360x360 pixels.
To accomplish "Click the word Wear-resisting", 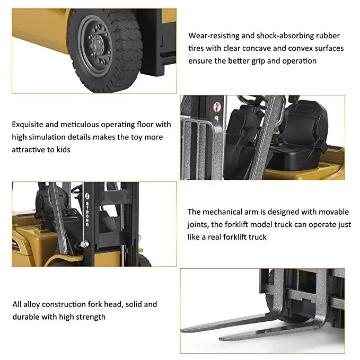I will coord(213,36).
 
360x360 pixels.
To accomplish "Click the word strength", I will coord(91,317).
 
